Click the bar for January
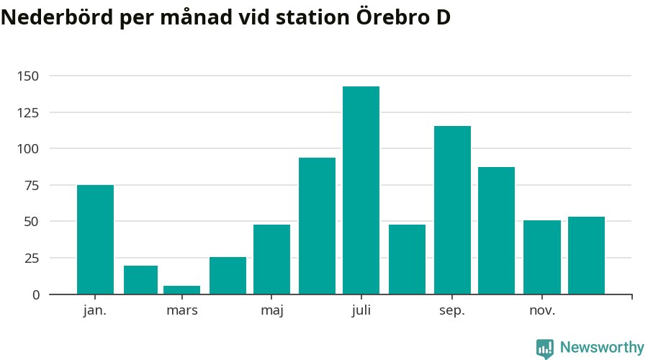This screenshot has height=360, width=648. (x=95, y=240)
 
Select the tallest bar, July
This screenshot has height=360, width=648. (x=361, y=190)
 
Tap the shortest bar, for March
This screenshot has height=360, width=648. (x=181, y=290)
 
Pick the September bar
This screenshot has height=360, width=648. (x=452, y=210)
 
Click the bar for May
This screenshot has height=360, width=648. (x=271, y=259)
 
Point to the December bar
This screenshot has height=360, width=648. (x=586, y=256)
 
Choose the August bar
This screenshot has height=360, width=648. (x=407, y=259)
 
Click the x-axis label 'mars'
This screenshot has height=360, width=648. (x=181, y=310)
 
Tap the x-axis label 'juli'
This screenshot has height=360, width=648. (x=361, y=310)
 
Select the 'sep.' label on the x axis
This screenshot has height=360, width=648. (x=452, y=310)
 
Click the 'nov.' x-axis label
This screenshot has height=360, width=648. (x=541, y=310)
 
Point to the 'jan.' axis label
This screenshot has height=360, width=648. (x=95, y=310)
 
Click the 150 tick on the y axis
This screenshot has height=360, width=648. (x=28, y=76)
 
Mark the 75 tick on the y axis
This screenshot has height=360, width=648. (x=32, y=185)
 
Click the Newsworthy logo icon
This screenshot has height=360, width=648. (x=545, y=348)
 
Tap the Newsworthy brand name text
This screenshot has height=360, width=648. (x=602, y=348)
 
